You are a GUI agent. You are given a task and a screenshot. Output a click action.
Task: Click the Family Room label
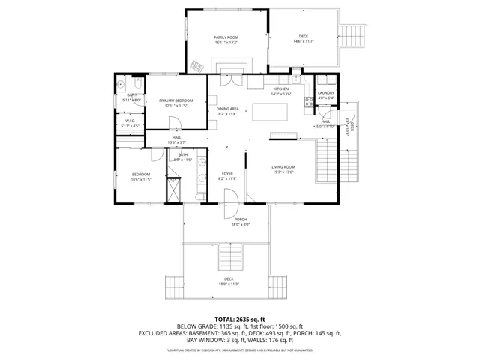tap(226, 37)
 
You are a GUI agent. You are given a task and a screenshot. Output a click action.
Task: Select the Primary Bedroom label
tap(175, 100)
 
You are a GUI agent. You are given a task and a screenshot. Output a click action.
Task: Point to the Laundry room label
tap(325, 92)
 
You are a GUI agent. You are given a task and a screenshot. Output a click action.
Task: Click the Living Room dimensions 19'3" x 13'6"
tap(283, 172)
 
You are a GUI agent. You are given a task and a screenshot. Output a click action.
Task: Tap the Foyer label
tap(226, 174)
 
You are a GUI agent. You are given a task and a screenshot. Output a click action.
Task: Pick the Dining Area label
tap(227, 109)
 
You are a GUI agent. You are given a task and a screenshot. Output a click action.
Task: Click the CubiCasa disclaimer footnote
tap(239, 350)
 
